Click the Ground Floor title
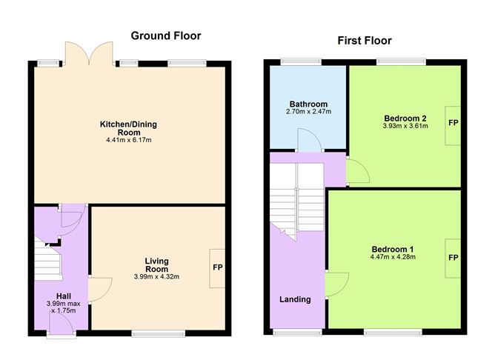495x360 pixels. point(166,36)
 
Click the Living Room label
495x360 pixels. point(156,264)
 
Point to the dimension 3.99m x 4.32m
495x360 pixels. point(156,277)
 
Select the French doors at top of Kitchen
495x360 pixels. point(88,54)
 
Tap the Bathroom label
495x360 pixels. point(308,104)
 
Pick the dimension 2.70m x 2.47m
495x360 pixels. point(308,113)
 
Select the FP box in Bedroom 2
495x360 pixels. point(452,122)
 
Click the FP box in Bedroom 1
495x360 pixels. point(452,257)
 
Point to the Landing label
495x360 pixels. point(295,299)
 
